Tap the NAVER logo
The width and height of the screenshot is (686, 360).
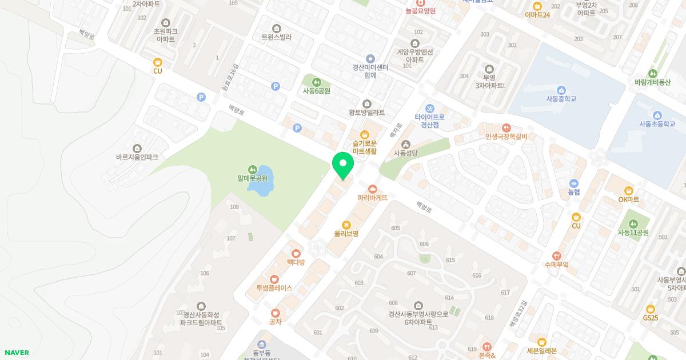[x=16, y=353]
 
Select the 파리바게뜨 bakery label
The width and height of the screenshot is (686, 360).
[x=373, y=198]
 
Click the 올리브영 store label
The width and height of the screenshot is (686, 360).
[x=346, y=234]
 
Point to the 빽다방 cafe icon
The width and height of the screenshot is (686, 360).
[x=296, y=253]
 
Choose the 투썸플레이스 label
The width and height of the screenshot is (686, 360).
[x=274, y=287]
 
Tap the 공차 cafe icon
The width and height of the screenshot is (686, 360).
[x=276, y=313]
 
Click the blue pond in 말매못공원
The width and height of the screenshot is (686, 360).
[x=262, y=180]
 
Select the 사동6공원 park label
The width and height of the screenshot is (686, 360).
[x=317, y=90]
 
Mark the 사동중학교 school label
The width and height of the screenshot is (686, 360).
[x=561, y=99]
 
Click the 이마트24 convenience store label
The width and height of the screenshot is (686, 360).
[x=537, y=14]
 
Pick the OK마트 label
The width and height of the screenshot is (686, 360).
[x=629, y=199]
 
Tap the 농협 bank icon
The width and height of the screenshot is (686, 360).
[x=574, y=183]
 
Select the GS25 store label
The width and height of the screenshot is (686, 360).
[x=651, y=318]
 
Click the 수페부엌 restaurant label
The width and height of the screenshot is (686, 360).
[x=556, y=265]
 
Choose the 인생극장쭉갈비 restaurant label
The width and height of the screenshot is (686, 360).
[x=506, y=136]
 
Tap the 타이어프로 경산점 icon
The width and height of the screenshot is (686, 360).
[x=430, y=109]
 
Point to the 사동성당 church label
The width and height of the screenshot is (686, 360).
[x=406, y=153]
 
